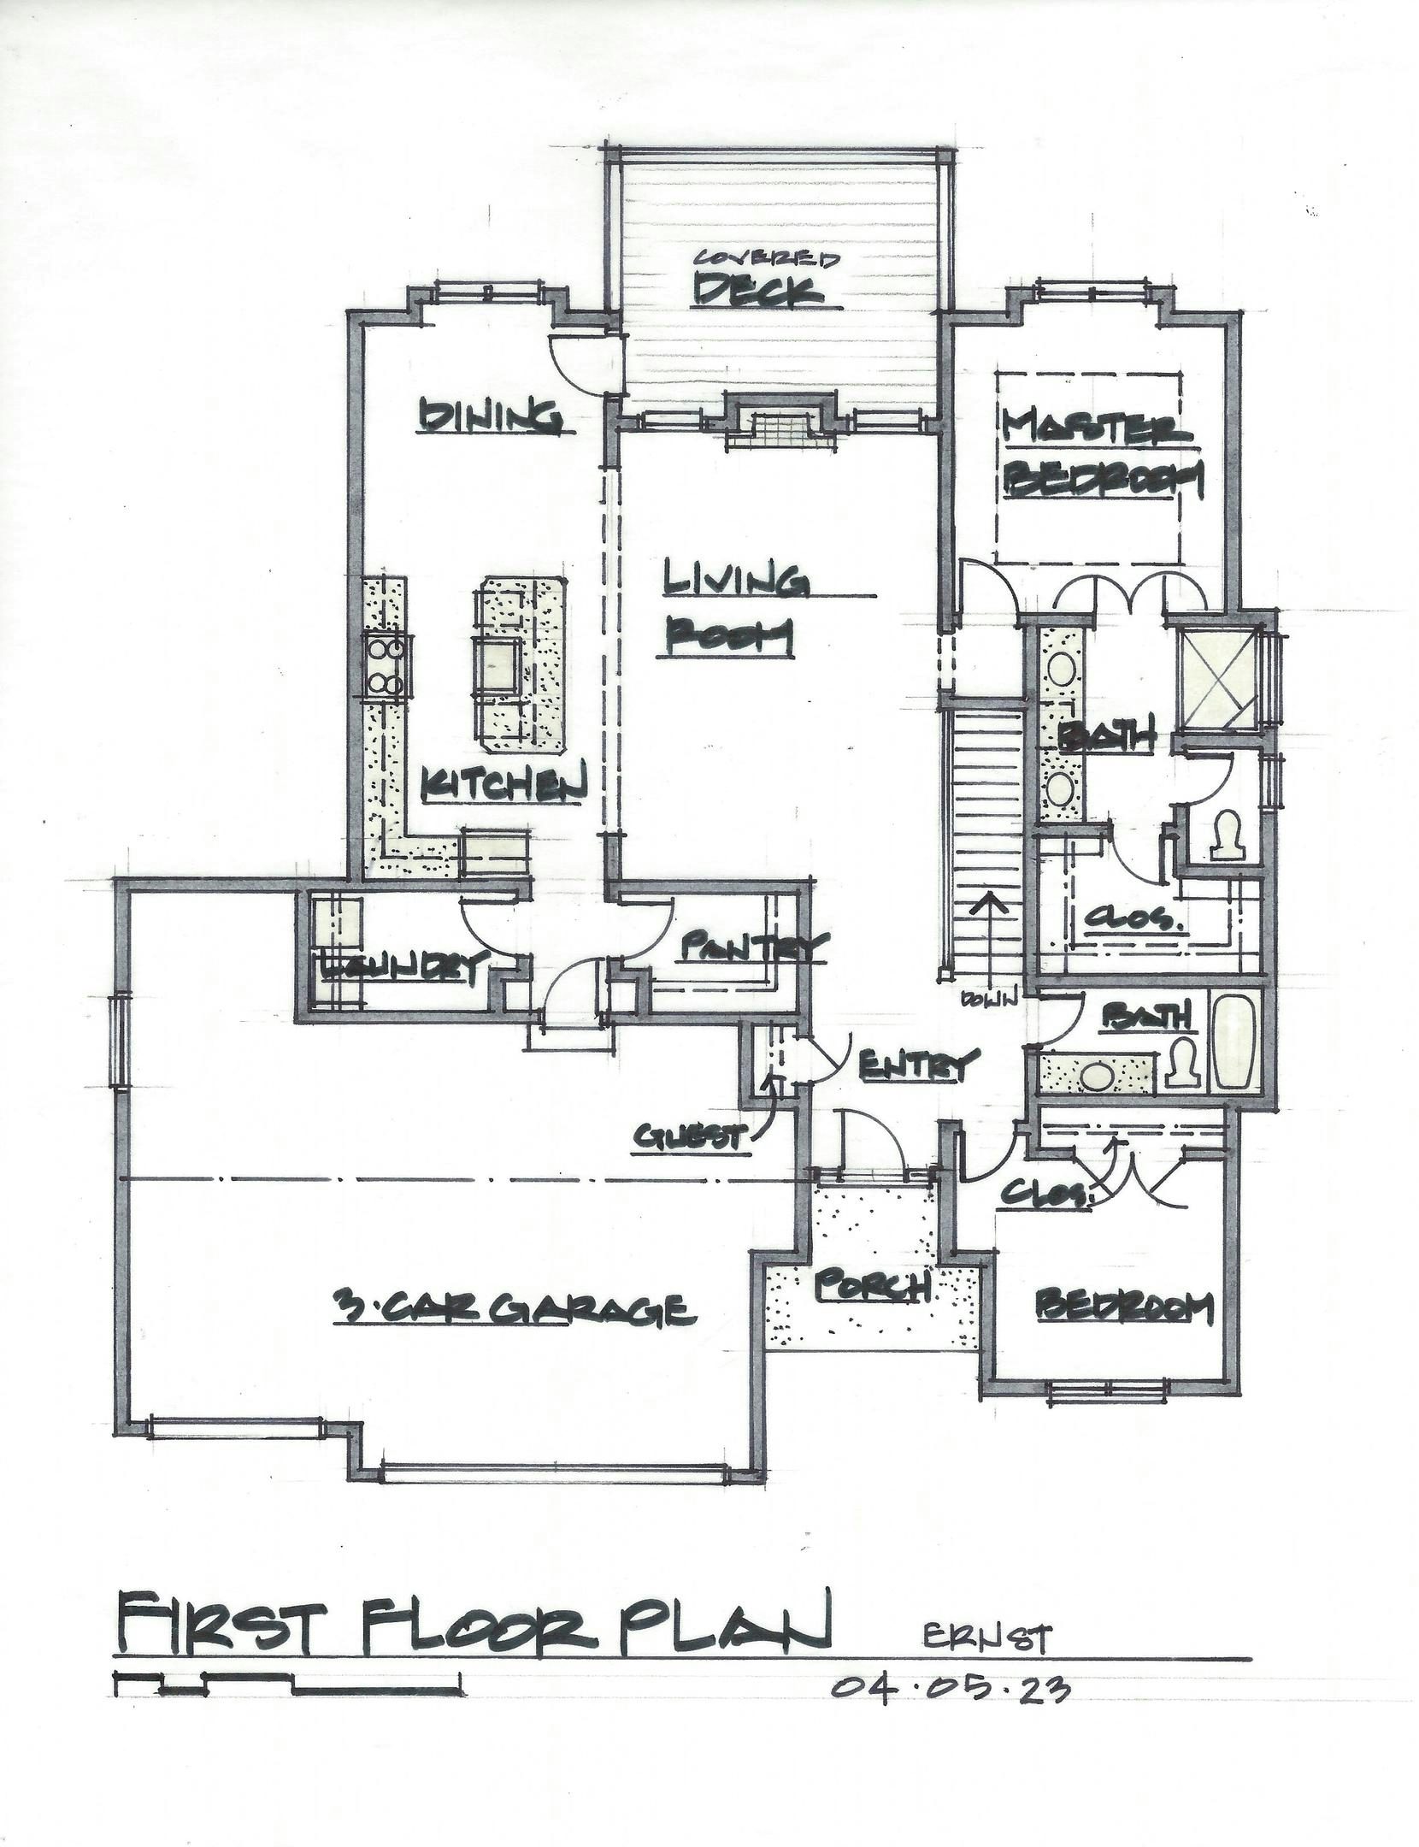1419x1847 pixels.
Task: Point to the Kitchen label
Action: pos(505,783)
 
